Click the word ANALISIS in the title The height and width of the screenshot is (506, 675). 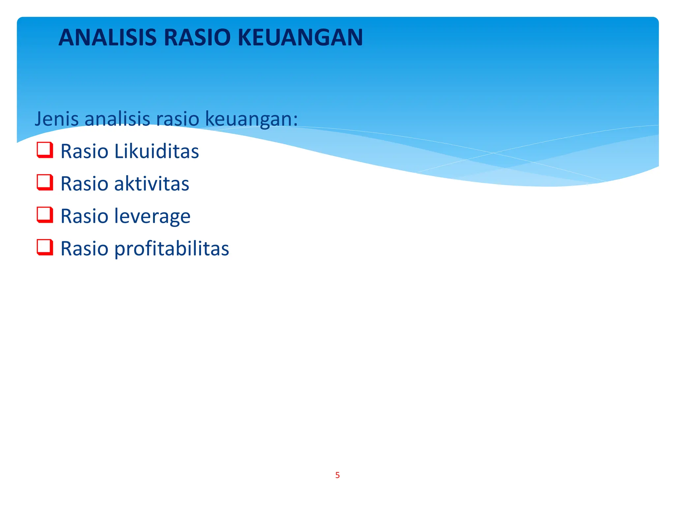click(107, 38)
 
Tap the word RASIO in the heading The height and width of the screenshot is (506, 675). click(197, 38)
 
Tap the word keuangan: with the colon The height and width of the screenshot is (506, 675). click(251, 119)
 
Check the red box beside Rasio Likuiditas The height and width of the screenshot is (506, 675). click(45, 150)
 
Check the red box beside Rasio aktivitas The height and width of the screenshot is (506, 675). click(45, 183)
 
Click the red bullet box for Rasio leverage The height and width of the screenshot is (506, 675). click(45, 215)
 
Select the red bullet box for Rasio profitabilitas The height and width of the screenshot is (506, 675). click(45, 247)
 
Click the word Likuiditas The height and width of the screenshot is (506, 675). click(157, 151)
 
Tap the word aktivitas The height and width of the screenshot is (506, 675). click(152, 183)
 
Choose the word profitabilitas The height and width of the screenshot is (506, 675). click(171, 249)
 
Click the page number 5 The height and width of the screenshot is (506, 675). click(337, 475)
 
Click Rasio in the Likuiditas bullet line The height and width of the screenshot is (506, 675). click(84, 151)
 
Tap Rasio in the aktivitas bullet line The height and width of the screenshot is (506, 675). click(84, 183)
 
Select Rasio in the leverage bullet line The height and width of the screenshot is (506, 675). click(84, 216)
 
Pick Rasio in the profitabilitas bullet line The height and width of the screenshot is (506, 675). click(84, 248)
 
